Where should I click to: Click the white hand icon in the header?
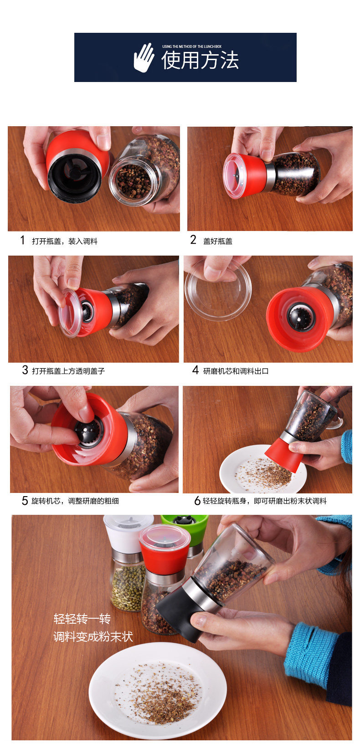[144, 57]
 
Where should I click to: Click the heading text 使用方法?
[200, 61]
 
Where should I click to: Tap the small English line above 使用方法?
[191, 46]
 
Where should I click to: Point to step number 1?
[23, 240]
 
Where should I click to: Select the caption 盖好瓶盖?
[217, 241]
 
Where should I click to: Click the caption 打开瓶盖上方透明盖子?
[68, 371]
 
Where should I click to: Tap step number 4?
[195, 370]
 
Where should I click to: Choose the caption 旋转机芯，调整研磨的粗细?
[75, 501]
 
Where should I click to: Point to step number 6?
[197, 501]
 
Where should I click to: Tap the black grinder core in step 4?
[301, 317]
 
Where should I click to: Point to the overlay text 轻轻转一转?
[82, 619]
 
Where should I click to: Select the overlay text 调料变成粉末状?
[93, 636]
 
